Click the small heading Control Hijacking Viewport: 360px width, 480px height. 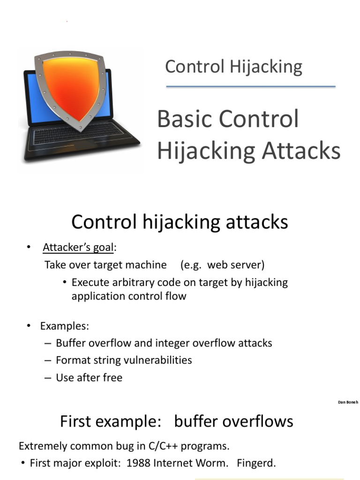coord(233,67)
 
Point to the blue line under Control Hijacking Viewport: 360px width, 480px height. coord(251,87)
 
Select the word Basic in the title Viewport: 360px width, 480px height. coord(183,119)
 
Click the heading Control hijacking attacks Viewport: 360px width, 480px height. coord(180,222)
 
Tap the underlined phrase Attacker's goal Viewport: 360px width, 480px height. coord(78,247)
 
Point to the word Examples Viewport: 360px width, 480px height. coord(64,326)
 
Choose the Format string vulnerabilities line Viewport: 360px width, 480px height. coord(124,360)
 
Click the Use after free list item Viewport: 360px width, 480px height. coord(89,377)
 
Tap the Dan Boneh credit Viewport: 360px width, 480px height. coord(348,402)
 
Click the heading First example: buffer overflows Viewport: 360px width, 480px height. coord(177,421)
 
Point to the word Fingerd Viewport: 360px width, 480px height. coord(256,464)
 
